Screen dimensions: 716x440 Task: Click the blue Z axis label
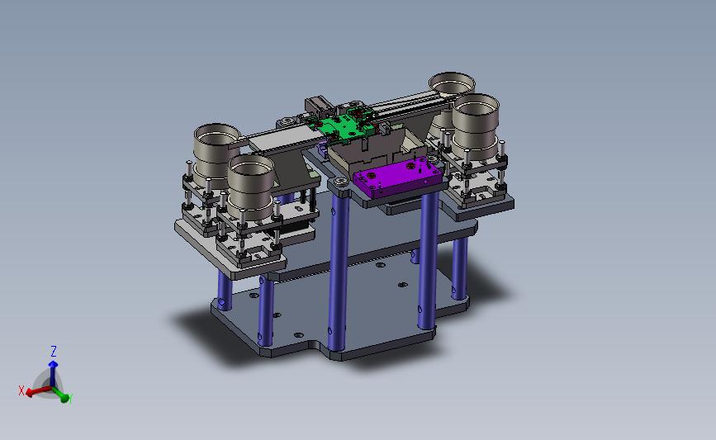(x=54, y=351)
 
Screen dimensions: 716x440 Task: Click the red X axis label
(x=21, y=390)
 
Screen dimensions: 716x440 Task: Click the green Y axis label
(x=70, y=399)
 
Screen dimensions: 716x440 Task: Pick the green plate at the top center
(x=342, y=125)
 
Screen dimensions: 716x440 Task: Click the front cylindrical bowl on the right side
(x=477, y=125)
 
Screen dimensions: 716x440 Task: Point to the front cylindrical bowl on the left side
(x=251, y=185)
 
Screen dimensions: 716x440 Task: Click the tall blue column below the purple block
(x=428, y=260)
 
